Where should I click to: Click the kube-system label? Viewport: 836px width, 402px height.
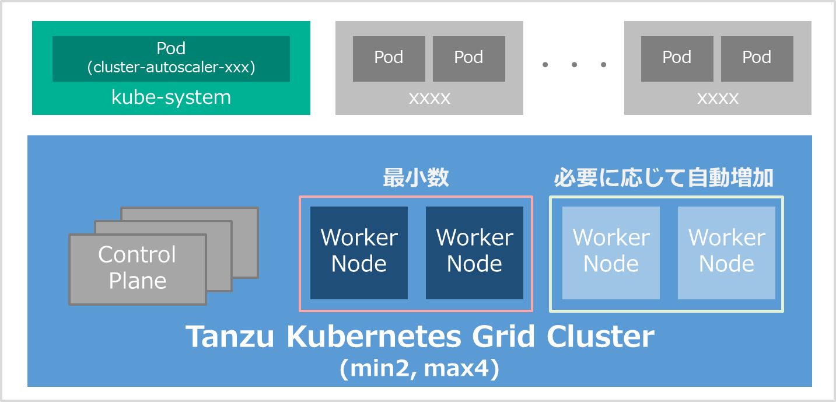coord(171,97)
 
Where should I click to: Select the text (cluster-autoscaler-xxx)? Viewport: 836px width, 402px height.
coord(171,68)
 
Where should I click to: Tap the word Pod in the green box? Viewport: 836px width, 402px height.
coord(171,48)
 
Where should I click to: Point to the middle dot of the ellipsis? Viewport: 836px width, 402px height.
coord(575,64)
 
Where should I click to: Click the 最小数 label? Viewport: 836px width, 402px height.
coord(416,177)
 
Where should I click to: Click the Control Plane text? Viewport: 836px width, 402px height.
coord(137,268)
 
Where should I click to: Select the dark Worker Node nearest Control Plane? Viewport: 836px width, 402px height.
coord(359,253)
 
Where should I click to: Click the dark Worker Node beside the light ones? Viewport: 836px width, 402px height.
coord(474,253)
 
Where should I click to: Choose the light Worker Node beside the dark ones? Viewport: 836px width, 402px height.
coord(611,253)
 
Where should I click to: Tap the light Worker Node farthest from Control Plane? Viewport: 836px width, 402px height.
coord(726,253)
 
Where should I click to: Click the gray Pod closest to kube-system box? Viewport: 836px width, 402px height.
coord(389,58)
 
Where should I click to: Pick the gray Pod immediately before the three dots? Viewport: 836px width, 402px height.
coord(468,58)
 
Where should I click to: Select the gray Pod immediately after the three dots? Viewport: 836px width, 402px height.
coord(677,58)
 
